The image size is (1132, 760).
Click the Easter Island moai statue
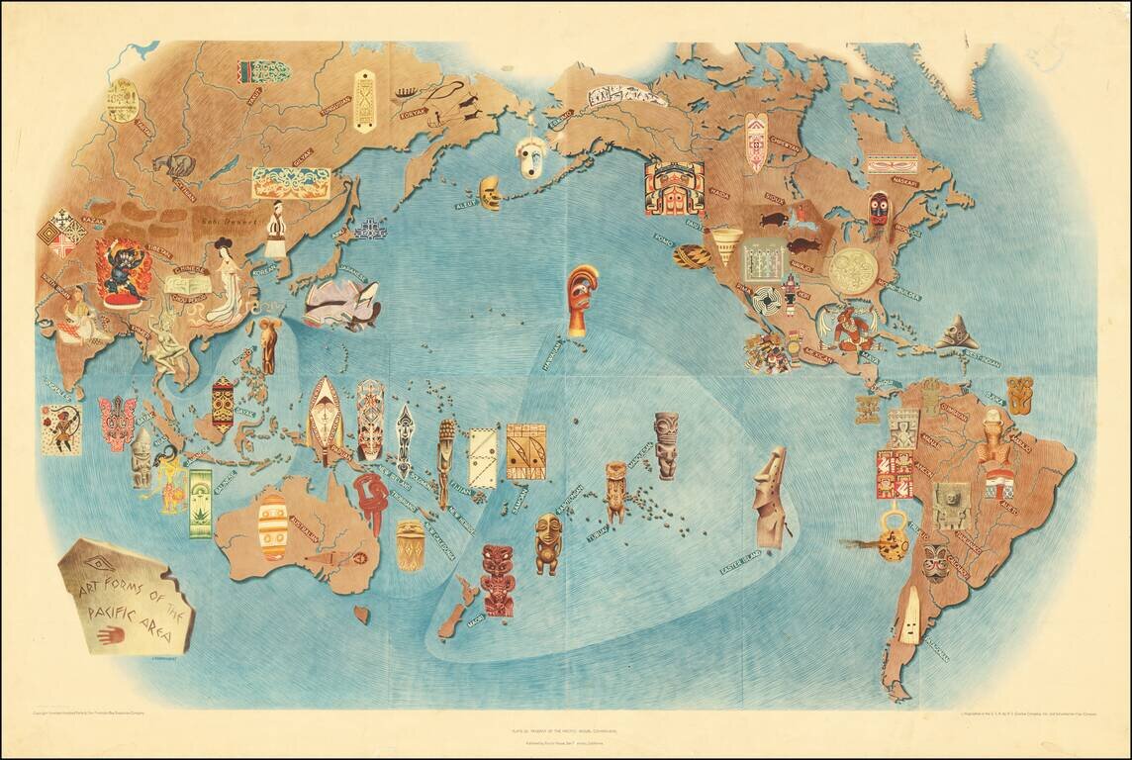pos(773,498)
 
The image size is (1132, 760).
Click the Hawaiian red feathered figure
pos(581,298)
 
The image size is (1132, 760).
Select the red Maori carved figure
pos(497,580)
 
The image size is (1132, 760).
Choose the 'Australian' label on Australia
pos(302,528)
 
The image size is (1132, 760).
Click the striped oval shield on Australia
pos(272,526)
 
